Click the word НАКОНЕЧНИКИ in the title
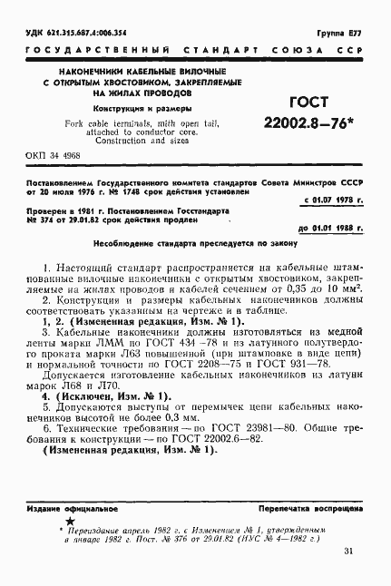pyautogui.click(x=90, y=70)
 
